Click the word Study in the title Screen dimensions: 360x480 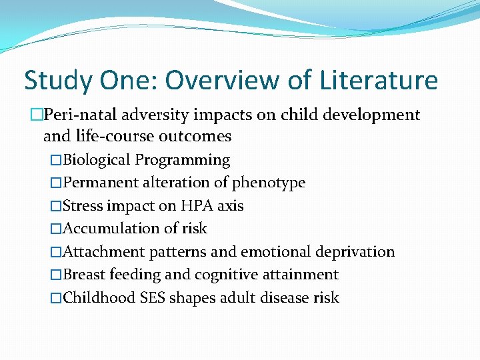pos(57,81)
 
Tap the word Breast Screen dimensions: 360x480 pos(85,275)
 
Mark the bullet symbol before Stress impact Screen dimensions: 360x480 pos(56,206)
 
